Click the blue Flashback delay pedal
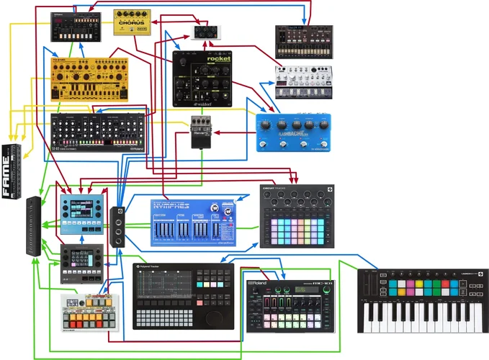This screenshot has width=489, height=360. (x=293, y=132)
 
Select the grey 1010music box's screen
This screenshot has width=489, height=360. (x=80, y=257)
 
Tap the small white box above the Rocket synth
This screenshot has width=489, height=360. (x=207, y=32)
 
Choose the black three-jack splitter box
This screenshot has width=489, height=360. (x=118, y=226)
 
